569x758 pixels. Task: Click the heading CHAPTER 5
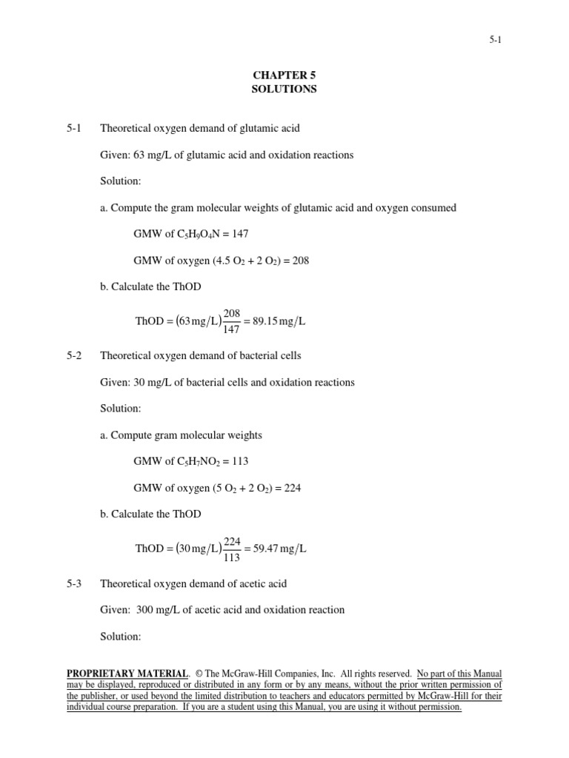tap(284, 75)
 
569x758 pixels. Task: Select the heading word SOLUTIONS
tap(284, 89)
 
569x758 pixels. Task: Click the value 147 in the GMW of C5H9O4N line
tap(240, 234)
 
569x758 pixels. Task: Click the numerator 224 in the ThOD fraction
tap(232, 542)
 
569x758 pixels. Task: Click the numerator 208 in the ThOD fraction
tap(232, 314)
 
